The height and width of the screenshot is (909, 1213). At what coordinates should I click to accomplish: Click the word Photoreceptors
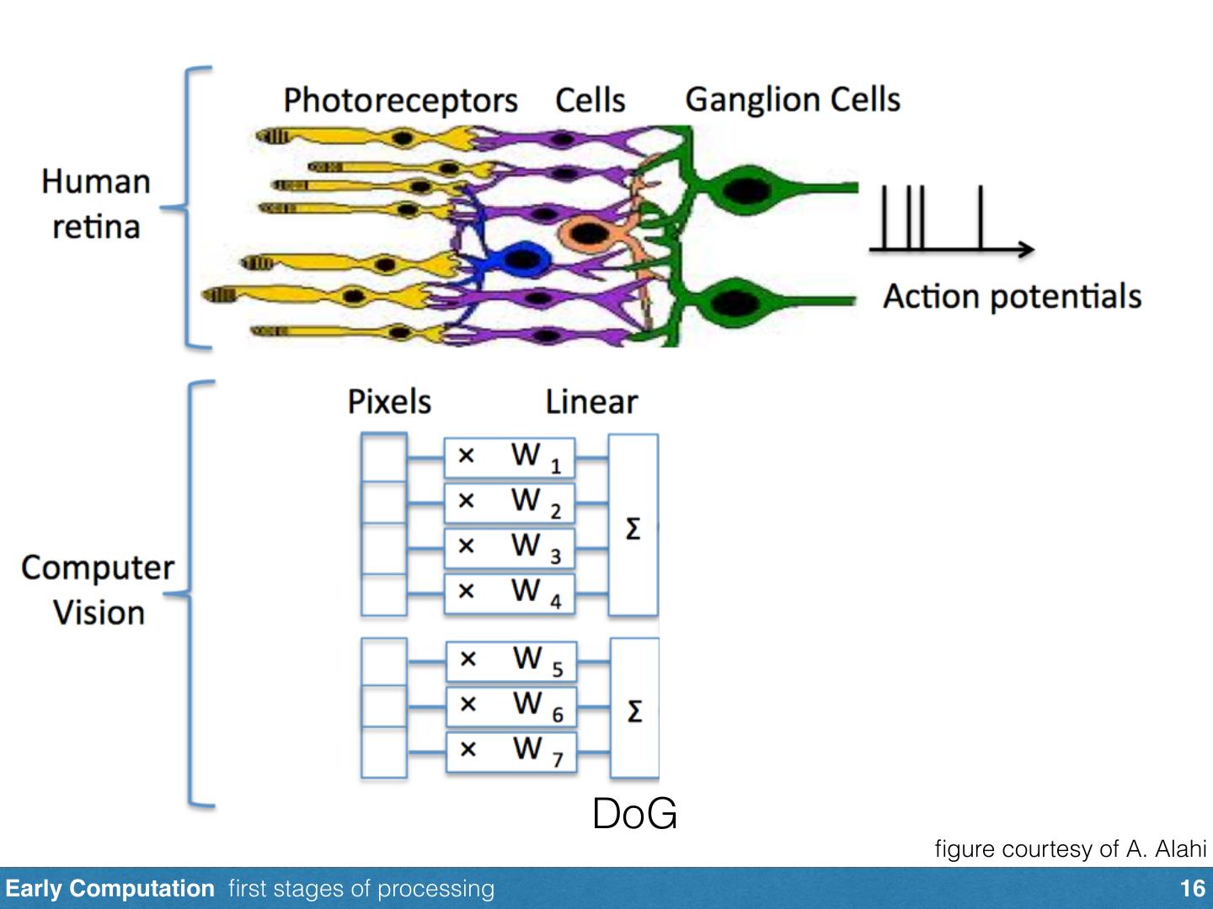coord(401,101)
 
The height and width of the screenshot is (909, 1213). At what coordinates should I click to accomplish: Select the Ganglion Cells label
coord(793,100)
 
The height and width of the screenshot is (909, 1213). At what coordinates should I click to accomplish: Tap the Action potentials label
coord(1012,296)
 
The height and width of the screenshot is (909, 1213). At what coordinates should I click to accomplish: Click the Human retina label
coord(96,205)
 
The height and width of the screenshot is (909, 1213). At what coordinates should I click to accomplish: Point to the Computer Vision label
coord(98,591)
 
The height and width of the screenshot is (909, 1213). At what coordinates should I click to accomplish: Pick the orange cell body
coord(587,233)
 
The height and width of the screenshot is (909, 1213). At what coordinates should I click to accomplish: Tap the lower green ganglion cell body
coord(735,302)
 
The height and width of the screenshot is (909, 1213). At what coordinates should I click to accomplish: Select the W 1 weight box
coord(510,458)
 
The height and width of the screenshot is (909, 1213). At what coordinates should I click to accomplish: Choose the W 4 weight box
coord(510,594)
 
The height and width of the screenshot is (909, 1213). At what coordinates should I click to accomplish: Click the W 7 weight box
coord(511,752)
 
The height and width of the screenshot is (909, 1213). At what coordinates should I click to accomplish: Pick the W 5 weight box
coord(511,662)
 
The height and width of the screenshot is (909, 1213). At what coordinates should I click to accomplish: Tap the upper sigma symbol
coord(633,529)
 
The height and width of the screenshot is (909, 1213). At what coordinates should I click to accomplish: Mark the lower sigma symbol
coord(635,711)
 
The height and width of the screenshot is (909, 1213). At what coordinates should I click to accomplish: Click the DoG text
coord(634,814)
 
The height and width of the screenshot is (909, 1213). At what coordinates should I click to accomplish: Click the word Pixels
coord(390,401)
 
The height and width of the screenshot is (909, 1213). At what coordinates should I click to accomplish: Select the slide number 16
coord(1193,889)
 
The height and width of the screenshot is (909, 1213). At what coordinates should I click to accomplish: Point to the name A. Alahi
coord(1166,849)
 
